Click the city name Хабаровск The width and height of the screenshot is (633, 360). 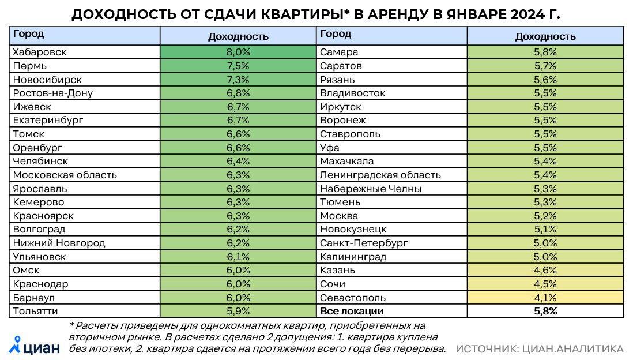pyautogui.click(x=39, y=52)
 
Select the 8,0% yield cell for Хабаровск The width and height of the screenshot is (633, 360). pyautogui.click(x=238, y=52)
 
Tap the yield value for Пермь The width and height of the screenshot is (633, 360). pyautogui.click(x=238, y=66)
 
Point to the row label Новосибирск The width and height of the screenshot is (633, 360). pyautogui.click(x=47, y=79)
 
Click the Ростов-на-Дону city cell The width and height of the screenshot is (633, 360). pyautogui.click(x=52, y=93)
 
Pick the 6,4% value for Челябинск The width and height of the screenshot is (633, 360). pyautogui.click(x=238, y=161)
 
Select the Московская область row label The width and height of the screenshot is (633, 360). pyautogui.click(x=65, y=175)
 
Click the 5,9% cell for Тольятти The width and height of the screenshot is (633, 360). pyautogui.click(x=238, y=312)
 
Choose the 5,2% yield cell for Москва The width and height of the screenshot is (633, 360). pyautogui.click(x=545, y=216)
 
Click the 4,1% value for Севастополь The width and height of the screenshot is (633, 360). pyautogui.click(x=545, y=298)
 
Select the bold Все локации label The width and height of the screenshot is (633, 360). pyautogui.click(x=351, y=312)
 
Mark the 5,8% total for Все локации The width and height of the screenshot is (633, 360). pyautogui.click(x=545, y=312)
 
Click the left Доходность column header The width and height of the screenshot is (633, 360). pyautogui.click(x=238, y=36)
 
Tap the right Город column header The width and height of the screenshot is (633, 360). pyautogui.click(x=335, y=34)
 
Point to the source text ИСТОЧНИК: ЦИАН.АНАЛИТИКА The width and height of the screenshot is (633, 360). pyautogui.click(x=539, y=349)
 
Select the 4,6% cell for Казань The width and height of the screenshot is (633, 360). pyautogui.click(x=545, y=271)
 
